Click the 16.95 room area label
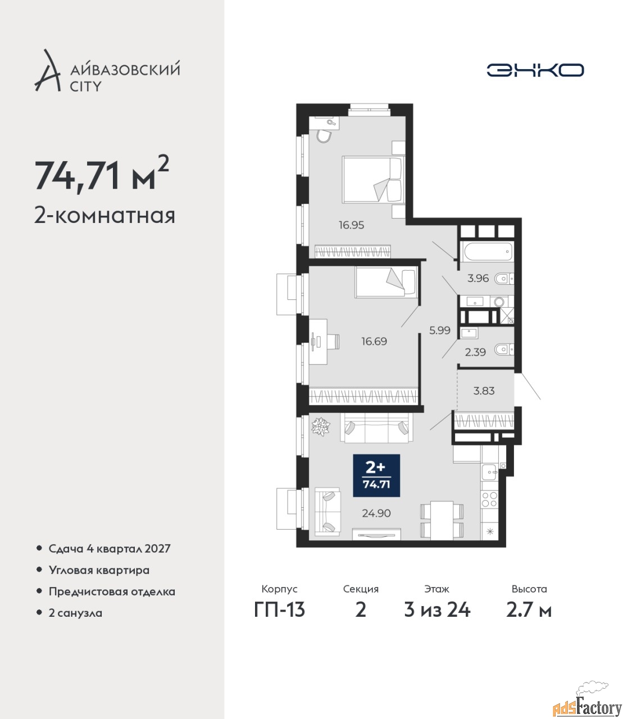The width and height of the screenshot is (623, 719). tap(351, 225)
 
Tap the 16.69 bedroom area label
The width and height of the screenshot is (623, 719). tap(374, 341)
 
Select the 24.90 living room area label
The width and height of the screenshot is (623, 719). tap(376, 513)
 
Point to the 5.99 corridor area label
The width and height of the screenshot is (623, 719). tap(440, 330)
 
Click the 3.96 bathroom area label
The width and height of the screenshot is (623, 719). tap(478, 278)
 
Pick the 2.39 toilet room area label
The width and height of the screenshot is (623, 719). tap(475, 352)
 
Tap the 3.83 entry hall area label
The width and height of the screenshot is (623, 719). tap(484, 390)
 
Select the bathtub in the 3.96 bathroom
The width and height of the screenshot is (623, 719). tap(487, 252)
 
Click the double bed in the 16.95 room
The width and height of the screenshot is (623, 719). tap(373, 180)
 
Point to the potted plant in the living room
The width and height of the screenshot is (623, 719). tap(320, 426)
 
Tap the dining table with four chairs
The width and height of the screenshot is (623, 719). tap(442, 520)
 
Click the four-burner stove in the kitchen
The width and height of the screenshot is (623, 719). tap(489, 500)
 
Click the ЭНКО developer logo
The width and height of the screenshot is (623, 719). tap(535, 70)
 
